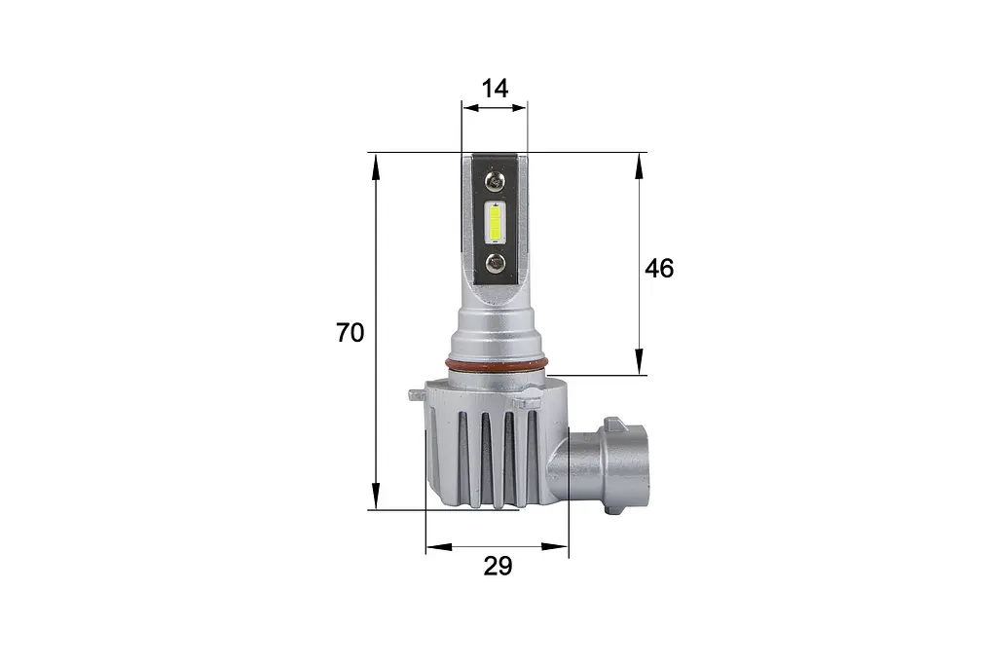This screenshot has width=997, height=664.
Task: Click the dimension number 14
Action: tap(495, 89)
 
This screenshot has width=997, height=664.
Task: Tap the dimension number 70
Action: tap(351, 333)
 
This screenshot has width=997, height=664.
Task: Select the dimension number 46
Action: tap(659, 269)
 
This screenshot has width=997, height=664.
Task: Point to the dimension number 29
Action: tap(498, 566)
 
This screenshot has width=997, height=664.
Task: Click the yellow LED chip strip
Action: tap(495, 221)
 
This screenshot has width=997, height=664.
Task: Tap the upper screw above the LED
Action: tap(495, 181)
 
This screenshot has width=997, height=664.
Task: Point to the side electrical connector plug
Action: tap(601, 465)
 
